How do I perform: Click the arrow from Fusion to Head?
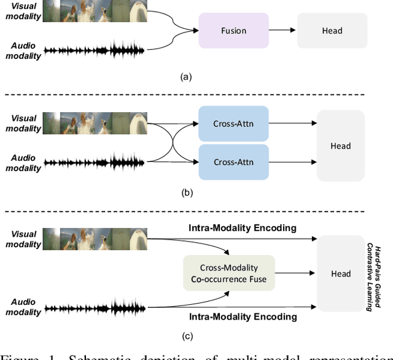tap(277, 30)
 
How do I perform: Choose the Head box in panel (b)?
tap(340, 146)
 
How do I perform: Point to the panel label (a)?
tap(185, 77)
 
